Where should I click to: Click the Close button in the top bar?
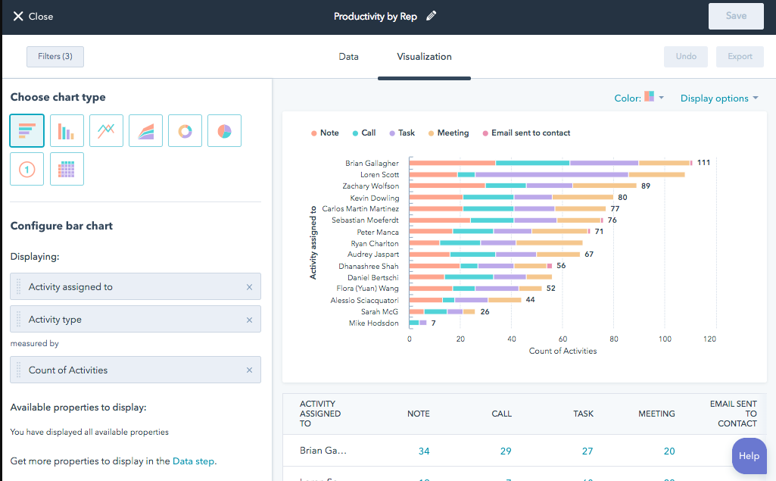click(x=33, y=16)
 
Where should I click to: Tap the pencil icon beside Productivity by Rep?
click(x=432, y=16)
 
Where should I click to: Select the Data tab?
click(x=348, y=57)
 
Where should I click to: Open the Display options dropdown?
click(x=719, y=98)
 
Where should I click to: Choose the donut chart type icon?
click(x=185, y=131)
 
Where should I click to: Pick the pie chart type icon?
click(x=224, y=131)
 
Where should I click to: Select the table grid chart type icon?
click(x=67, y=169)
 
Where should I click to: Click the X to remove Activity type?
click(x=249, y=320)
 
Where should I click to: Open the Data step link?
click(x=193, y=461)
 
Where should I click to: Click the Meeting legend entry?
click(x=448, y=133)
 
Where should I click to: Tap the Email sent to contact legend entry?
click(x=526, y=133)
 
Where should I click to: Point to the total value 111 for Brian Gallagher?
click(x=703, y=163)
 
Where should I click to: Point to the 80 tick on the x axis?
click(x=614, y=339)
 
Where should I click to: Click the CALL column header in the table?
click(x=501, y=414)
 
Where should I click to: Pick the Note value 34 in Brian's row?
click(x=424, y=451)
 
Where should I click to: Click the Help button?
click(x=749, y=456)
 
